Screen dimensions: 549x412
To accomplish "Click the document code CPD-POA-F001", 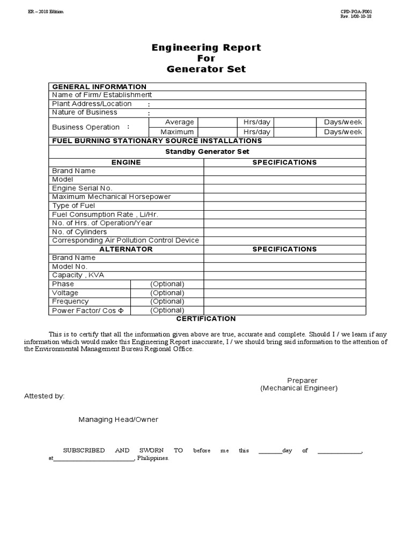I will (x=356, y=11).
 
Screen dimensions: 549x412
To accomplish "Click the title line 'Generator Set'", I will (x=206, y=69).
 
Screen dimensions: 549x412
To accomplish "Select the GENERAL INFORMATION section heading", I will (x=99, y=87).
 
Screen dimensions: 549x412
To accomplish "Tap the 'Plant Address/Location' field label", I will (x=92, y=104).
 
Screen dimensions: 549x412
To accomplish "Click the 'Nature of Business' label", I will (x=85, y=113).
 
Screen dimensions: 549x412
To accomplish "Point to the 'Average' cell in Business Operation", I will (x=179, y=122).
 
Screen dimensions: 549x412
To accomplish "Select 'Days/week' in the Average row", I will (x=343, y=122).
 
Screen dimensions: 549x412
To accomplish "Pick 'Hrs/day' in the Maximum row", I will (x=256, y=132).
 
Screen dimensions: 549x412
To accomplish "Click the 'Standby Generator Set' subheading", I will (x=207, y=152).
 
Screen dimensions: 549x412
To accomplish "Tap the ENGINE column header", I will (x=126, y=162).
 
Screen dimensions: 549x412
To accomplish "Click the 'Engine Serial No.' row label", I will (x=82, y=188).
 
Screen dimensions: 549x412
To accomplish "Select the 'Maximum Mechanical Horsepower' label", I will (x=111, y=197).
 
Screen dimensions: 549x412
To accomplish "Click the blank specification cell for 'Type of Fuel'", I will (x=284, y=206).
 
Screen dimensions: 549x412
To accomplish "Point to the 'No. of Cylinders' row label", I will (x=79, y=232).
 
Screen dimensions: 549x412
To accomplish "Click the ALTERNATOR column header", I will (x=126, y=249).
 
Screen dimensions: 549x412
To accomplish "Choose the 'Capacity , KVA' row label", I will (x=78, y=275).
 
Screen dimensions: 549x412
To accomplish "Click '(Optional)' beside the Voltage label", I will (x=167, y=293).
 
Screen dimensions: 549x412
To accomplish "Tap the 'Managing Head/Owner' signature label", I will (x=119, y=420).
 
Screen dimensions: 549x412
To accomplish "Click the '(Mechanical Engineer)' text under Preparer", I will (x=299, y=388).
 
